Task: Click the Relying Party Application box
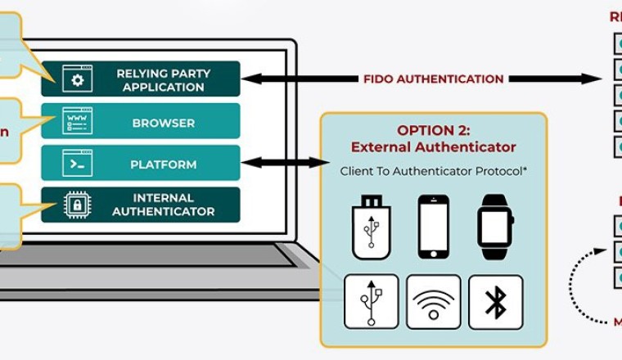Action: click(x=141, y=79)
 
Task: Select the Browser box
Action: click(x=141, y=122)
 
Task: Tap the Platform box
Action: click(x=141, y=164)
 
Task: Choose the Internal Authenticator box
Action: click(x=141, y=205)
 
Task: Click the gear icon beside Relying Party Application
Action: click(x=78, y=79)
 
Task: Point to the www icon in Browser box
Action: click(x=78, y=121)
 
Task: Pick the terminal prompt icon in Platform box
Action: click(x=78, y=164)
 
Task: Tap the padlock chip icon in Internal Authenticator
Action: click(x=78, y=205)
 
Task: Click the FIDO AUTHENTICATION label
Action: click(x=434, y=79)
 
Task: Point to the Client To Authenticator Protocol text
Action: click(x=433, y=172)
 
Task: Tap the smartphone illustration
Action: click(x=433, y=226)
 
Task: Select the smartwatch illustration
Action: click(x=494, y=227)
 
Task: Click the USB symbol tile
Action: click(x=372, y=301)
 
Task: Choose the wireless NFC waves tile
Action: click(x=433, y=301)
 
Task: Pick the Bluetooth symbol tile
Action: click(x=495, y=301)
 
